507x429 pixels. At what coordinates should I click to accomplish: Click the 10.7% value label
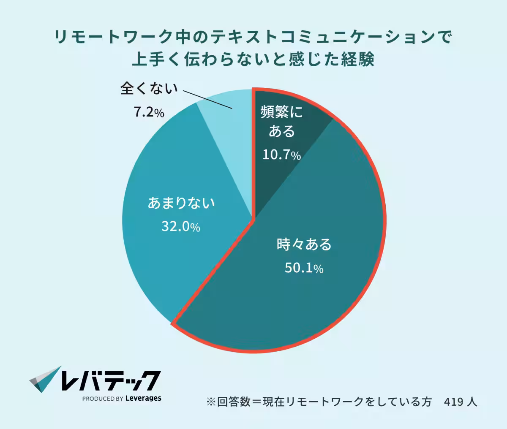click(281, 155)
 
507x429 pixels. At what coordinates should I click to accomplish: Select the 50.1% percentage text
click(304, 268)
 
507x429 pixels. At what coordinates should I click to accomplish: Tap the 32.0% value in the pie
click(181, 227)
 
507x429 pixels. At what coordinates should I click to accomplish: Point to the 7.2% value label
click(149, 112)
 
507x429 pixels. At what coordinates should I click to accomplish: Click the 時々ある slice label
click(304, 244)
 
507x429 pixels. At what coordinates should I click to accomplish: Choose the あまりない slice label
click(181, 203)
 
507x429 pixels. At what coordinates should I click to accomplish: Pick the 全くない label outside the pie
click(149, 88)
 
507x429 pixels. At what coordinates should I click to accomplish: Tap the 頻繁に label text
click(282, 112)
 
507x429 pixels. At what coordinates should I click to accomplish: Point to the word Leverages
click(143, 398)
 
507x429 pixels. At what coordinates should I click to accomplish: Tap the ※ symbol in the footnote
click(211, 402)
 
